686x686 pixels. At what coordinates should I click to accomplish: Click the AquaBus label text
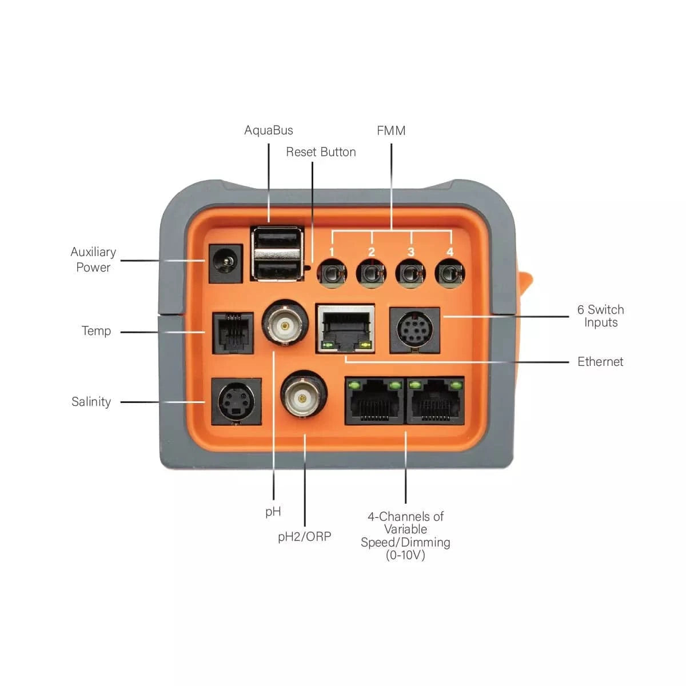coord(268,130)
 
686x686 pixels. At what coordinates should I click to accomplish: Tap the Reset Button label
coord(321,152)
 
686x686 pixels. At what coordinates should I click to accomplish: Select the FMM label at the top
coord(391,131)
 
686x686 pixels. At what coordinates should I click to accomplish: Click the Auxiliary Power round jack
coord(225,264)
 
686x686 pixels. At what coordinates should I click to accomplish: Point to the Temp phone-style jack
coord(233,333)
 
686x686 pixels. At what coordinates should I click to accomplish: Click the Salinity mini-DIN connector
coord(236,401)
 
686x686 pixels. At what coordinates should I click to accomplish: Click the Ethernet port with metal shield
coord(346,329)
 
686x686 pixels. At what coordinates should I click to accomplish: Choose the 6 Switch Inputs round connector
coord(414,330)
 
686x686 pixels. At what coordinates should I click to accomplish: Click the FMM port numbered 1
coord(332,273)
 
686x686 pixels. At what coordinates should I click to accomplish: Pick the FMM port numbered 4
coord(450,273)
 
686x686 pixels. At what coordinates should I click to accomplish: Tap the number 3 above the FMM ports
coord(410,252)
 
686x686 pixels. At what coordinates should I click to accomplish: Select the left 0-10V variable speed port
coord(375,401)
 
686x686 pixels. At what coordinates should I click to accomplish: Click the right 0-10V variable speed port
coord(436,401)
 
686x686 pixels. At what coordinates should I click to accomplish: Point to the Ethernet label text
coord(600,362)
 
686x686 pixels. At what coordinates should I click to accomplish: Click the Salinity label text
coord(91,402)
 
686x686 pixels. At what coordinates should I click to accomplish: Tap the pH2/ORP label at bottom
coord(304,537)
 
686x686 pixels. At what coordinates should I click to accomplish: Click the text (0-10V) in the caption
coord(405,555)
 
